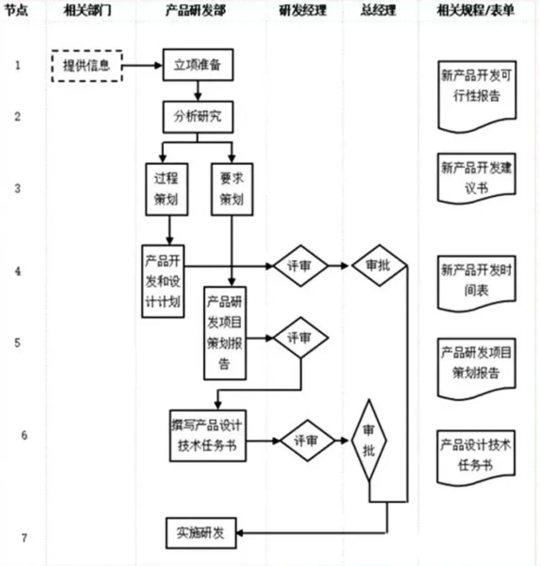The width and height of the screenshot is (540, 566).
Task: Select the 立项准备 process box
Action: (197, 65)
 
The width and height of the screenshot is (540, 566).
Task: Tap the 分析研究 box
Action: (197, 117)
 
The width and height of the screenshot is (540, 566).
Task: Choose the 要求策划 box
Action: (232, 188)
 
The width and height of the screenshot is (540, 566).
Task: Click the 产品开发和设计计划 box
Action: (163, 281)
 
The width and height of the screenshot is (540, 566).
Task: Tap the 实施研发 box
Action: (200, 533)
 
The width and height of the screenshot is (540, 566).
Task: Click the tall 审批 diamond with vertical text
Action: (369, 441)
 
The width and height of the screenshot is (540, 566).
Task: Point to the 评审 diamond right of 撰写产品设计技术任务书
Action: (307, 441)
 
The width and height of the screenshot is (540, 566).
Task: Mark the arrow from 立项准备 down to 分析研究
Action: (197, 90)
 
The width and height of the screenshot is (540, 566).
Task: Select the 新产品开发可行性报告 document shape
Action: (476, 94)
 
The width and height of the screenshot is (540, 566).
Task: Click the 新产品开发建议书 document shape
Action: (476, 177)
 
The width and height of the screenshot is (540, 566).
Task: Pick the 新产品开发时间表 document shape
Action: (476, 282)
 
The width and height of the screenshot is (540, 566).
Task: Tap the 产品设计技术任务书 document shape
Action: (476, 455)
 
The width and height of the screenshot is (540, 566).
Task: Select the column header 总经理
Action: (379, 11)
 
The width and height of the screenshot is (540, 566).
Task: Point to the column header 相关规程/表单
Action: (475, 11)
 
